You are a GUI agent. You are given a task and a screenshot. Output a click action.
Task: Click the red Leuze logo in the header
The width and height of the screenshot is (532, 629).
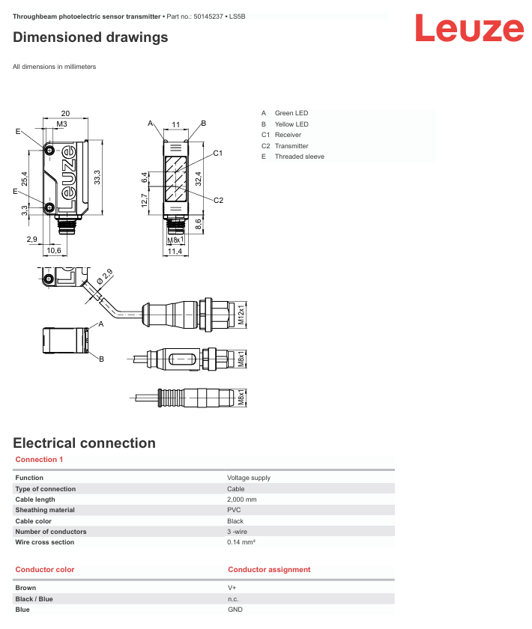pyautogui.click(x=469, y=28)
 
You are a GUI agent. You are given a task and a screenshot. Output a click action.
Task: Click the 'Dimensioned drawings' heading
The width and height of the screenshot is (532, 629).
pyautogui.click(x=91, y=37)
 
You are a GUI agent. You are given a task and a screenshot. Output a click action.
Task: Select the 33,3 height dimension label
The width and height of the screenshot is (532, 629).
pyautogui.click(x=97, y=177)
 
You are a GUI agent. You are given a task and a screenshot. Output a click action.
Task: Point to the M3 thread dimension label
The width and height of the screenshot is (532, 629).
pyautogui.click(x=61, y=124)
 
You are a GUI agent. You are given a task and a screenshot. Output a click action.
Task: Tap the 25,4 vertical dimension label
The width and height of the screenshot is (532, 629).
pyautogui.click(x=25, y=179)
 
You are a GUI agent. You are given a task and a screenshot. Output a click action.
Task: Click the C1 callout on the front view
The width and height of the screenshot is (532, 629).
pyautogui.click(x=217, y=154)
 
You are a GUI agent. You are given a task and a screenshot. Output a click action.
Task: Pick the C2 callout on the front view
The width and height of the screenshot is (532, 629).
pyautogui.click(x=219, y=200)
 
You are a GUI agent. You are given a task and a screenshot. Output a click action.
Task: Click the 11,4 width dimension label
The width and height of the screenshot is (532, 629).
pyautogui.click(x=175, y=252)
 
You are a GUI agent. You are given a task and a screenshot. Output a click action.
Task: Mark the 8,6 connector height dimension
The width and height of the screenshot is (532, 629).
pyautogui.click(x=199, y=224)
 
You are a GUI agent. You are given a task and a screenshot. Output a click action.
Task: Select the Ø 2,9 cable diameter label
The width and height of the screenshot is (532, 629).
pyautogui.click(x=105, y=277)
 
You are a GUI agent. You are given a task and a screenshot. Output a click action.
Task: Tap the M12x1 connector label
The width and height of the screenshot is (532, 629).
pyautogui.click(x=241, y=314)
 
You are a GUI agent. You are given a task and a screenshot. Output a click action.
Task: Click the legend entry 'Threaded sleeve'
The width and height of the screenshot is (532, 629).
pyautogui.click(x=300, y=157)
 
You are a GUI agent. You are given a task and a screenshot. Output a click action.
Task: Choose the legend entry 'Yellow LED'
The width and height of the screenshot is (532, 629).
pyautogui.click(x=291, y=124)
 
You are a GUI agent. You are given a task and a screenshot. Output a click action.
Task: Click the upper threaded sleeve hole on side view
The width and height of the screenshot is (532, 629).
pyautogui.click(x=49, y=151)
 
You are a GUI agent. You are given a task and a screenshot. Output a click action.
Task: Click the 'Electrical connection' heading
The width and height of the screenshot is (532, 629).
pyautogui.click(x=85, y=443)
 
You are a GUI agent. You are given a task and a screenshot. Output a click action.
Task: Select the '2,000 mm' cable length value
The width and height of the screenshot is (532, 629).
pyautogui.click(x=242, y=499)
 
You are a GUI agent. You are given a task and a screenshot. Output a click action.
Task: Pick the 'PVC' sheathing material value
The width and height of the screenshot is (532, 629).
pyautogui.click(x=234, y=510)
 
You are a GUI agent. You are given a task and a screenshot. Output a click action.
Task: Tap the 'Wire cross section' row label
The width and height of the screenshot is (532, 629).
pyautogui.click(x=44, y=542)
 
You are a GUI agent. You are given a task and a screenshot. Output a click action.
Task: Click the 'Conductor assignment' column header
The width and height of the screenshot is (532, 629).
pyautogui.click(x=269, y=570)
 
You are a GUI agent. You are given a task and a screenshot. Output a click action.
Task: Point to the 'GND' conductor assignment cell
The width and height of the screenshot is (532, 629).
pyautogui.click(x=235, y=610)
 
